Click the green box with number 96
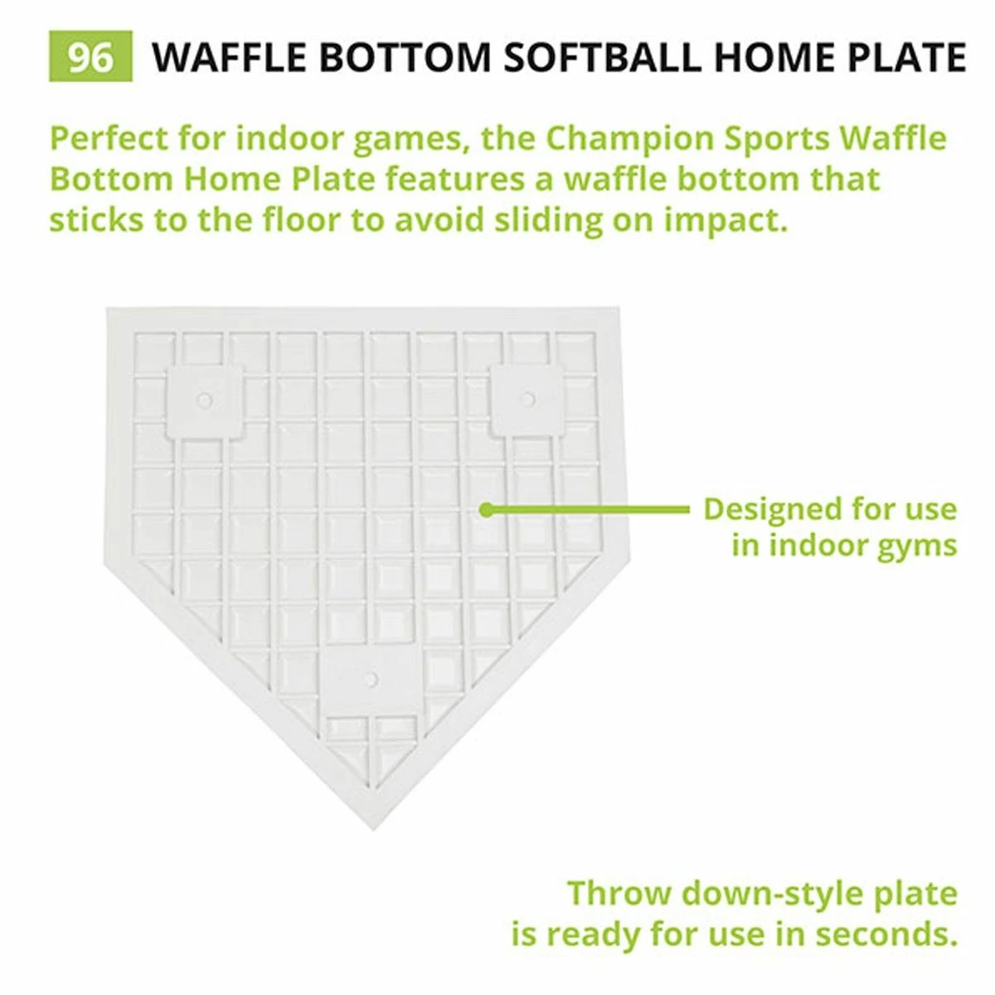point(90,57)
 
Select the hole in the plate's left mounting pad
point(205,400)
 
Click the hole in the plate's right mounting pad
point(527,399)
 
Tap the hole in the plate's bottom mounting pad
point(371,680)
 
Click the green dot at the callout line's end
point(487,509)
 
